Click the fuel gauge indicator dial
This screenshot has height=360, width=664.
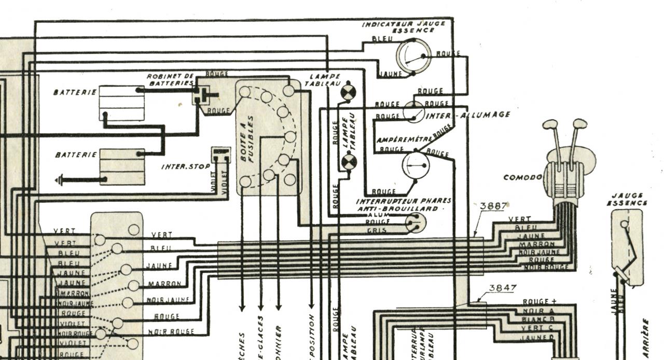click(x=413, y=56)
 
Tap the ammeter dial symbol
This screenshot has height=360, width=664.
click(x=416, y=165)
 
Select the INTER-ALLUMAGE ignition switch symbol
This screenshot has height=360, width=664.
click(x=414, y=112)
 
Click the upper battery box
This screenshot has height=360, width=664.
click(x=121, y=103)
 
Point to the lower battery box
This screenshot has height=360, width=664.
click(x=122, y=167)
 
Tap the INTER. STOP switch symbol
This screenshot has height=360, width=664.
click(x=221, y=155)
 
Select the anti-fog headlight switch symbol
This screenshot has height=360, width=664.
click(x=416, y=223)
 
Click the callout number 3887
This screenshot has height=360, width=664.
click(x=493, y=206)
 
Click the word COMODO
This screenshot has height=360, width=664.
click(x=522, y=177)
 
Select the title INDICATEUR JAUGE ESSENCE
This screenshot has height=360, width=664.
click(x=403, y=26)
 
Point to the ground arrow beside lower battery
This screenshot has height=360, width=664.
click(x=59, y=181)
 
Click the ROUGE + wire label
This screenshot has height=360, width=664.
click(x=539, y=302)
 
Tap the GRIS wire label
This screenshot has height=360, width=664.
click(x=377, y=230)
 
